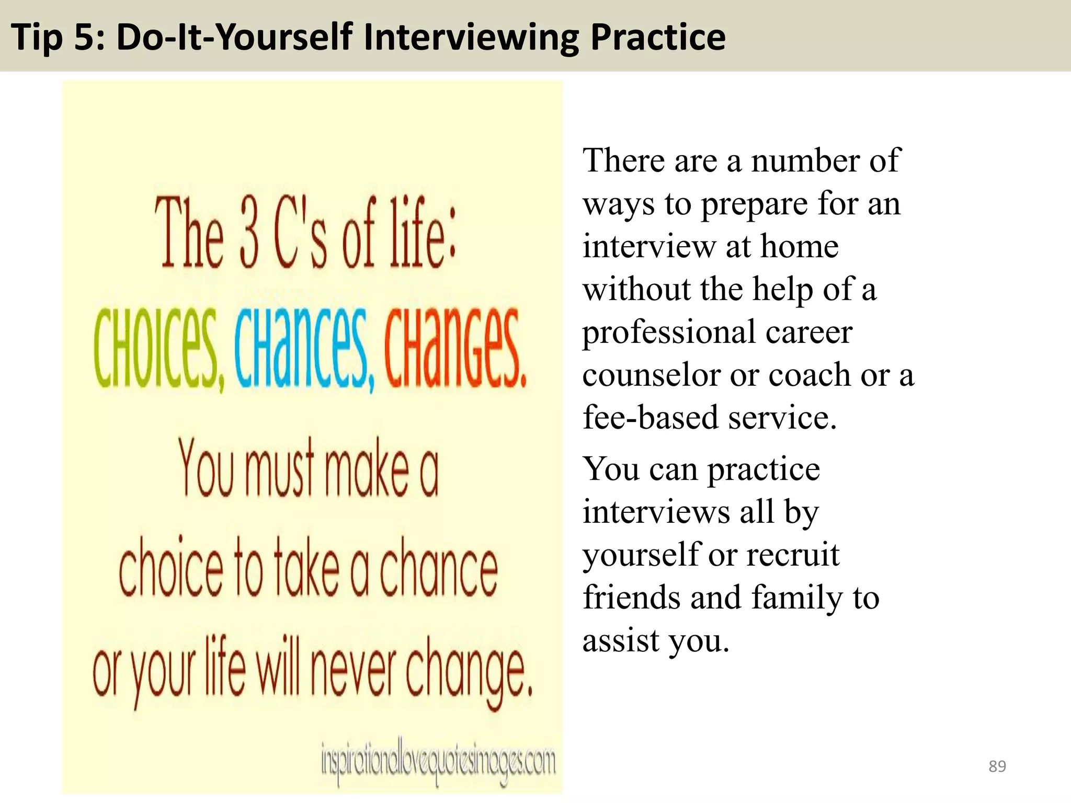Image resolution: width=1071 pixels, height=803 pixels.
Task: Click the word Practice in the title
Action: point(658,38)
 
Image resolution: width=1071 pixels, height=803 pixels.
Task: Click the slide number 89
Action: point(997,766)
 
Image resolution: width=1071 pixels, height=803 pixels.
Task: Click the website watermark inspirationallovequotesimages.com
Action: point(438,762)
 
